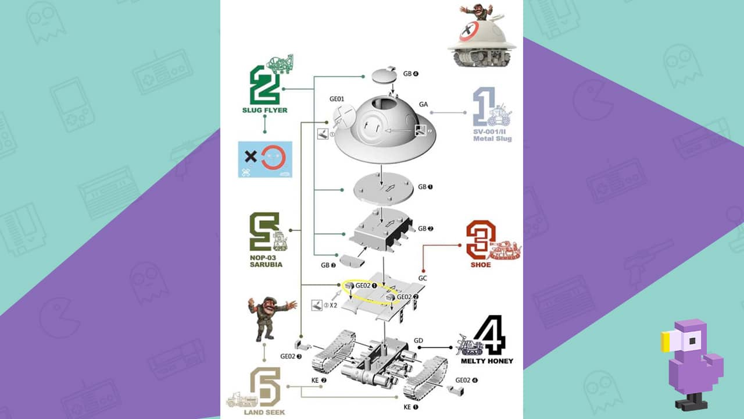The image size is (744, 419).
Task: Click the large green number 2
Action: tap(264, 85)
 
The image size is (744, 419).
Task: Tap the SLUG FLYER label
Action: tap(264, 110)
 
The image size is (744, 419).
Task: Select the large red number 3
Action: tap(479, 239)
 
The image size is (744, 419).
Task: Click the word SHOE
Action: tap(481, 265)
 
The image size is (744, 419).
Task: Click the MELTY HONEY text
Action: tap(487, 361)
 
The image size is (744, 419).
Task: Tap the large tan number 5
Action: tap(266, 387)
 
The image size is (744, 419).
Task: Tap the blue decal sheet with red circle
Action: tap(265, 159)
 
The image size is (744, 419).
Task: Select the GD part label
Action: tap(419, 340)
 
